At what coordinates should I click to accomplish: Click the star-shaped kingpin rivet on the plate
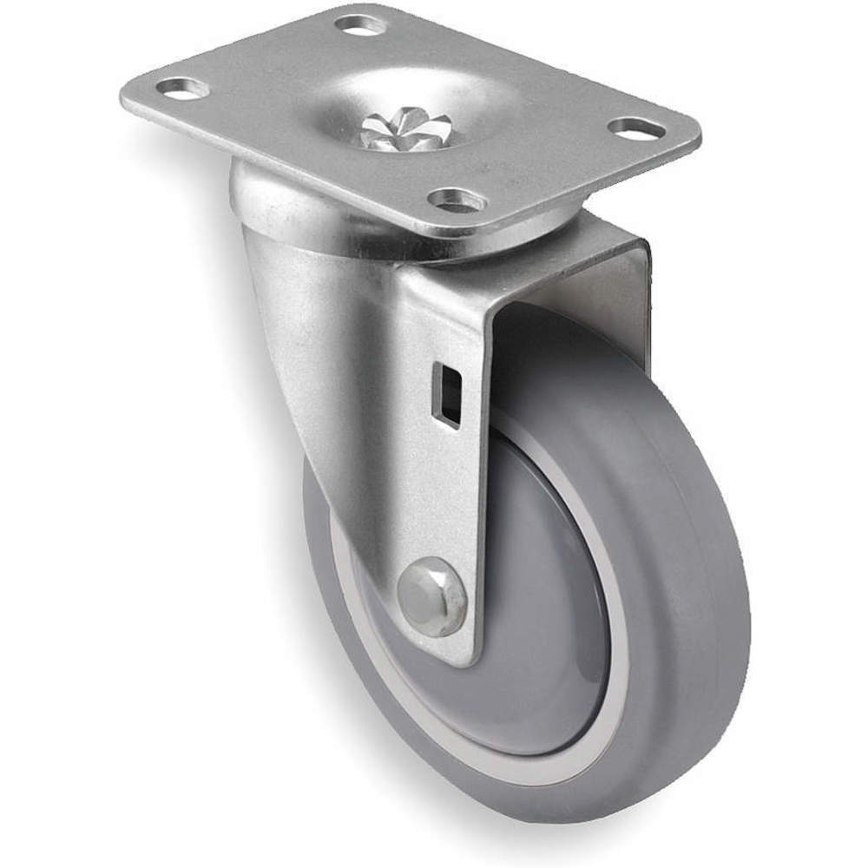tap(392, 128)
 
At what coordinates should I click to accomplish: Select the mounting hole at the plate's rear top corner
tap(360, 23)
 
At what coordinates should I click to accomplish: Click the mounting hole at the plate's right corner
tap(636, 128)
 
